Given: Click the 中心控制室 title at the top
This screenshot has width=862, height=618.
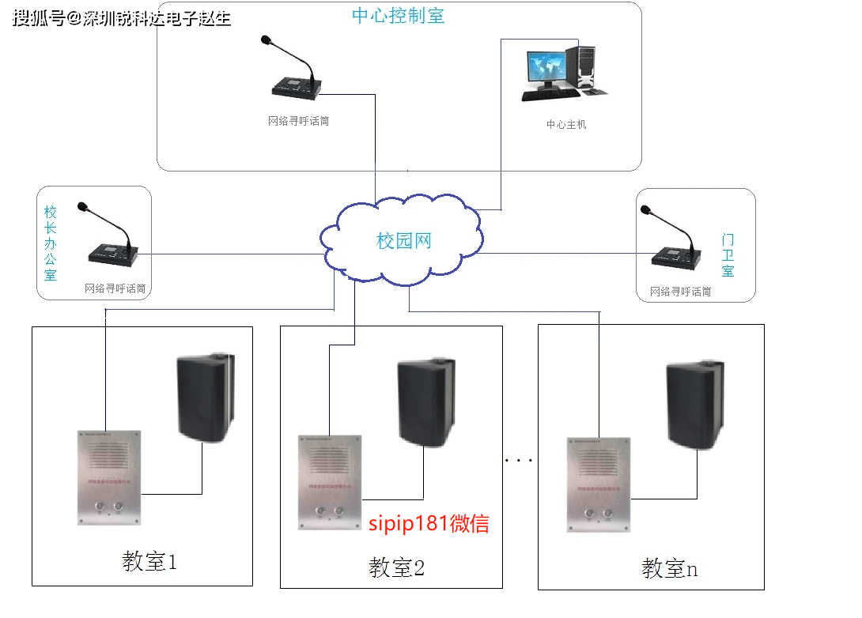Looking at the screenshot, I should point(398,16).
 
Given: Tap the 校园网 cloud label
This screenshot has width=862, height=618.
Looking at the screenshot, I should point(404,241).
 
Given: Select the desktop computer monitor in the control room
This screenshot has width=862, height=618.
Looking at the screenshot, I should point(544,70).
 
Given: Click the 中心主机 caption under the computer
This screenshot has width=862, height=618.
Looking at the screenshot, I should point(566,124).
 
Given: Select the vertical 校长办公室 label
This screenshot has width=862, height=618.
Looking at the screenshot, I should point(51,243).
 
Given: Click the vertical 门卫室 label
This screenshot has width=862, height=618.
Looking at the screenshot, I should point(728,254).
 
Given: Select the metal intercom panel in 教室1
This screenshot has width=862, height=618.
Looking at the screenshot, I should point(109,477).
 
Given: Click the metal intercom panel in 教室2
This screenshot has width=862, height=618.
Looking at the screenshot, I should point(329,482).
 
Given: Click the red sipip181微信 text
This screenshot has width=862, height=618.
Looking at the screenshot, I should point(429,523).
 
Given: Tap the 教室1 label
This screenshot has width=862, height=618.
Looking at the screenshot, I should point(149,562).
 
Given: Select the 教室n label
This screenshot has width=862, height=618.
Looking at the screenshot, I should point(669,568).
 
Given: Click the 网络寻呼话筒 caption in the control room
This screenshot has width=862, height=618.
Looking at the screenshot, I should point(298,121).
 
